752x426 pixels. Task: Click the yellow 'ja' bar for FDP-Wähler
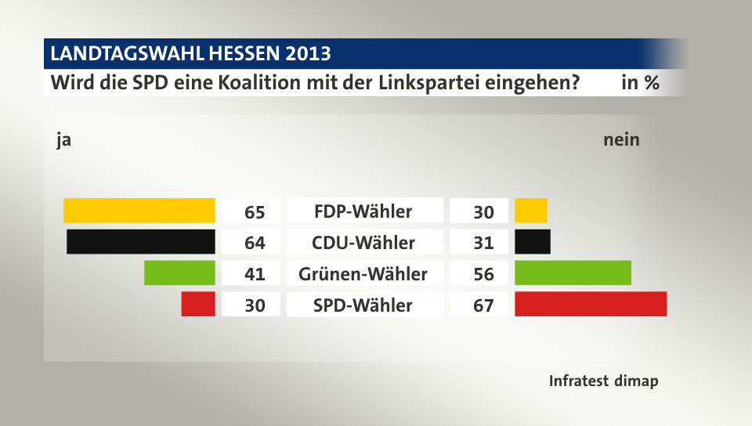(139, 211)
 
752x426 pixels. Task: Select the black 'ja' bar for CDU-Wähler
(141, 241)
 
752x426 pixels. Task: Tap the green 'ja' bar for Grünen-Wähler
(179, 273)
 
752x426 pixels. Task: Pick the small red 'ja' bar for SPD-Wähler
(197, 304)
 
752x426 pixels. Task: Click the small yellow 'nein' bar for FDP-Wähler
(531, 211)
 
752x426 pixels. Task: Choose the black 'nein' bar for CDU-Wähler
(533, 241)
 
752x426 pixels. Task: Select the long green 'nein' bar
(573, 273)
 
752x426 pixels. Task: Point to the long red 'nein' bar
(591, 304)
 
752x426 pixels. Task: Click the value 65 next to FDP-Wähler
(255, 212)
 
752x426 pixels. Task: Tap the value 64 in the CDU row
(255, 243)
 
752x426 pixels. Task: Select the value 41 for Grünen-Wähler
(255, 274)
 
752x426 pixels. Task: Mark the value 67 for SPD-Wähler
(483, 305)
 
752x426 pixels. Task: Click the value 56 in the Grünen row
(483, 274)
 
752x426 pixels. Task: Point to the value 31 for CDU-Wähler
(483, 243)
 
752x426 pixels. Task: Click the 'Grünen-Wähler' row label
(363, 274)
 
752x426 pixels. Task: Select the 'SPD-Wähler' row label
(363, 305)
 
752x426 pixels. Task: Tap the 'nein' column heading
(621, 140)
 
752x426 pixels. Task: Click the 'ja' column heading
(63, 141)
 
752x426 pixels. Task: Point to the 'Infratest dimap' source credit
(603, 381)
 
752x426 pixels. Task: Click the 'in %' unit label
(639, 82)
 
